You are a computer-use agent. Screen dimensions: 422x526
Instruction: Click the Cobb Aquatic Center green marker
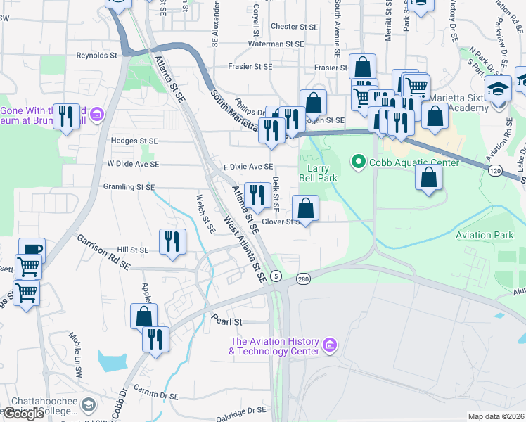(359, 162)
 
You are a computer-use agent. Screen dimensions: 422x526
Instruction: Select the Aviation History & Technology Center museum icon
(330, 345)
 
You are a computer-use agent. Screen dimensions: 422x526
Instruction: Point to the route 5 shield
(276, 274)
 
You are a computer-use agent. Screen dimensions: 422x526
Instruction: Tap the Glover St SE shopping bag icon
(306, 208)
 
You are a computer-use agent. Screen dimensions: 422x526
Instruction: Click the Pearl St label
(228, 321)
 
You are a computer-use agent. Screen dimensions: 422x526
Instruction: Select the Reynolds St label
(96, 55)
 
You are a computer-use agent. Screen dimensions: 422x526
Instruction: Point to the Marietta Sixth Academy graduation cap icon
(499, 89)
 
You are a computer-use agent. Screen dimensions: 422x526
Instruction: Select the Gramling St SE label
(130, 187)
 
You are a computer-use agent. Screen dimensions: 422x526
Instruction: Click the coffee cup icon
(32, 250)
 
